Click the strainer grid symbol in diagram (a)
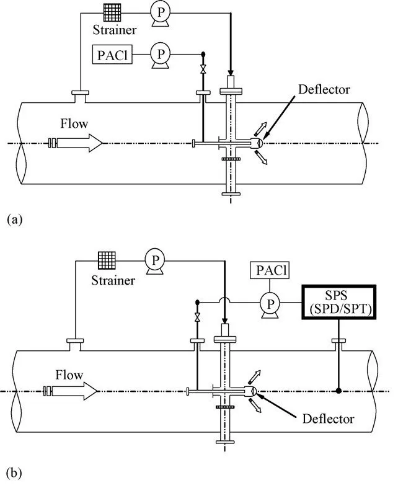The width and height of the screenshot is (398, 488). point(112,13)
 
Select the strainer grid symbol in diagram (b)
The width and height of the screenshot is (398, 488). point(107,260)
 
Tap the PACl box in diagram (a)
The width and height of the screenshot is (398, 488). point(112,55)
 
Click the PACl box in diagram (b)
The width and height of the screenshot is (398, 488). point(270,270)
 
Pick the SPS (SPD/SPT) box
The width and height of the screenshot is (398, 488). point(338,302)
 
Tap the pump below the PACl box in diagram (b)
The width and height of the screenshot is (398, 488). point(270,305)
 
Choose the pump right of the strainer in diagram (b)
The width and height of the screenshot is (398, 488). point(155,262)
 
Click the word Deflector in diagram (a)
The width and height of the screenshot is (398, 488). point(324,90)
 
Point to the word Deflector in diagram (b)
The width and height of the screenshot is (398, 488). point(328,419)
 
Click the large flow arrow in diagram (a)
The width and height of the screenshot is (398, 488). point(76,143)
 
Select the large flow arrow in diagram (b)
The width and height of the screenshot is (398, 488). point(71,391)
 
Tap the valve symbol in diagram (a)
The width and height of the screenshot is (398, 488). point(203,69)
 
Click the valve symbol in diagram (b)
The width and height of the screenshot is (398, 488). point(197,317)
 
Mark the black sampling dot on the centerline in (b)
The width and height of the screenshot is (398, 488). point(339,391)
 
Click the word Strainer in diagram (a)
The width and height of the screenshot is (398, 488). point(115,30)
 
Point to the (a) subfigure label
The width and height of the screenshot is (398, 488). point(14,220)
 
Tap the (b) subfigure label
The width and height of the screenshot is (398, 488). point(14,473)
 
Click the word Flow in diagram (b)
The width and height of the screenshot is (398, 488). point(69,375)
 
